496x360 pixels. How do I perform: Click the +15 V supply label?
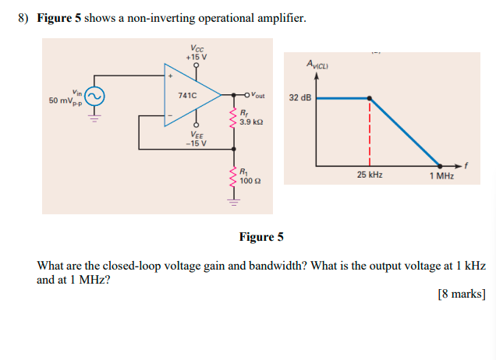196,57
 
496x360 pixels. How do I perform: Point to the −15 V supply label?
196,143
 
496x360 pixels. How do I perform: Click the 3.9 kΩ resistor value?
251,122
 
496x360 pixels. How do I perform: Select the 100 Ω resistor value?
250,180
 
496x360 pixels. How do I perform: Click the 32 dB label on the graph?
300,98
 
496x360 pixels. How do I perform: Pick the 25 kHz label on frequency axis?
370,175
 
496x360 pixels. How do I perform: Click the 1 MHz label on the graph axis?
441,175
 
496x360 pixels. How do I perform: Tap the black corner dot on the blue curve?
370,98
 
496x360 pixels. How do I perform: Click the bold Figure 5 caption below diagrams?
261,237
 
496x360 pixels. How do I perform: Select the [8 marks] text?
462,294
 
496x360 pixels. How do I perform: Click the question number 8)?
24,18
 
